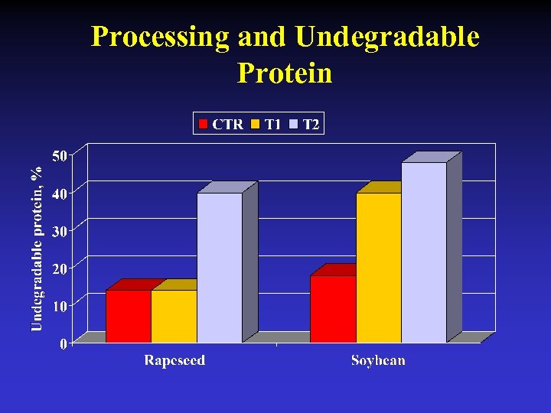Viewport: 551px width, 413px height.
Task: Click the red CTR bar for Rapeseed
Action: [x=128, y=316]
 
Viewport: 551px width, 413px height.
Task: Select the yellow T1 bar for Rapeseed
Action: [x=174, y=316]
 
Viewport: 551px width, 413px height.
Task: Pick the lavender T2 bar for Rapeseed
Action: [x=220, y=268]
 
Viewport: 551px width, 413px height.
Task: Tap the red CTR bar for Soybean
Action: [x=333, y=309]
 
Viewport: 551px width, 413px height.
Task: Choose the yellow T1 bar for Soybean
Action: [x=378, y=268]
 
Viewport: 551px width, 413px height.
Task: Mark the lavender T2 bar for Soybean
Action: [x=424, y=252]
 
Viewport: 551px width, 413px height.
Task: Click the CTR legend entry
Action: [x=221, y=124]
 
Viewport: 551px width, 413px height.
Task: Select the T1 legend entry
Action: [x=266, y=124]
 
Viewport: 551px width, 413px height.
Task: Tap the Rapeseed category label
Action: [x=174, y=360]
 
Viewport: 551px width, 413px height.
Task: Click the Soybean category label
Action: [x=378, y=360]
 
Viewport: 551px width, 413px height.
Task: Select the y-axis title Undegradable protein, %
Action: [x=36, y=249]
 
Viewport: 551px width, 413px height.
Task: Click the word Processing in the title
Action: [x=160, y=37]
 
